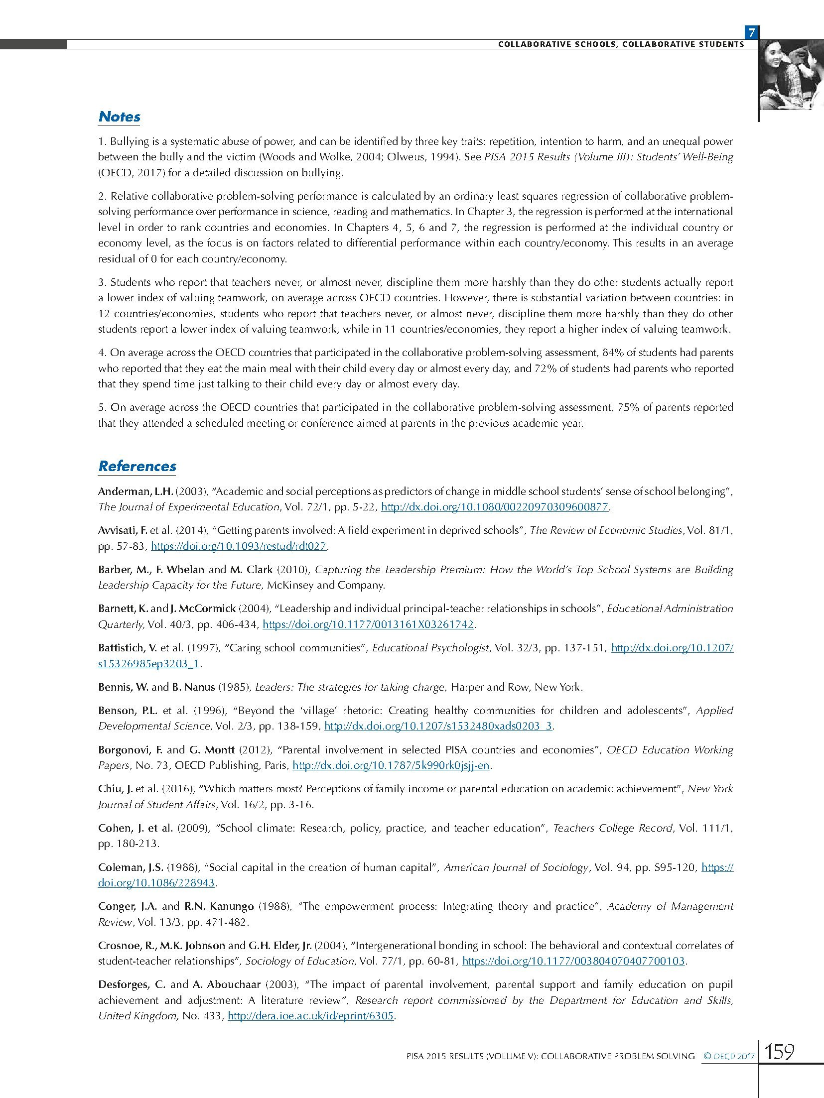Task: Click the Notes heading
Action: pyautogui.click(x=120, y=117)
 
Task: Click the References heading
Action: pyautogui.click(x=137, y=467)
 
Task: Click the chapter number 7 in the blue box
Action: pyautogui.click(x=751, y=33)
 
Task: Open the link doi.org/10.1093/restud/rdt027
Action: pyautogui.click(x=239, y=546)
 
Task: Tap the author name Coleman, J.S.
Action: pyautogui.click(x=130, y=867)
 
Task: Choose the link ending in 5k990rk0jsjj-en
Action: pyautogui.click(x=392, y=765)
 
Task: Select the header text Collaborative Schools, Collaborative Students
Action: pyautogui.click(x=621, y=44)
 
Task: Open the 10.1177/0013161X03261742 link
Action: pyautogui.click(x=368, y=624)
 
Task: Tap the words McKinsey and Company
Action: pyautogui.click(x=326, y=585)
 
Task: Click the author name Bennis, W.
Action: pyautogui.click(x=123, y=687)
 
